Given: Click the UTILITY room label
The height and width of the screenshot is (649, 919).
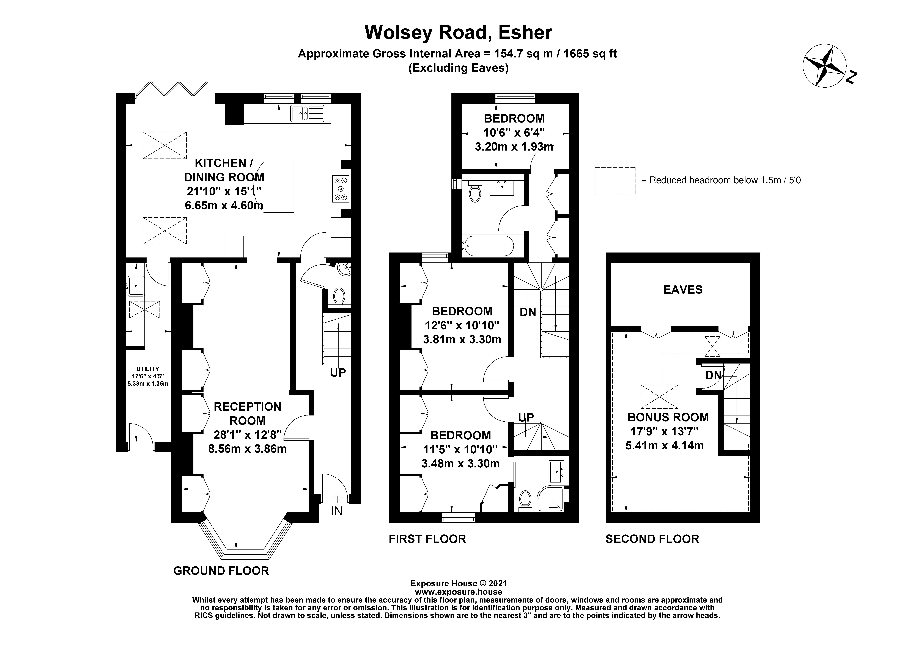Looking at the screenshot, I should coord(148,369).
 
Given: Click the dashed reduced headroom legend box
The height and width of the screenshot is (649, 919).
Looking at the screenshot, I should coord(615,181).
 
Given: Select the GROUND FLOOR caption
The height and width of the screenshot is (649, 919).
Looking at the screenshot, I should coord(221,571).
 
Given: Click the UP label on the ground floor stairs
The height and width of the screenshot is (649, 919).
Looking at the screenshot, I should coord(338,373).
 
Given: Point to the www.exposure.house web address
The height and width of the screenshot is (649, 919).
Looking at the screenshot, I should coord(458,592).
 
